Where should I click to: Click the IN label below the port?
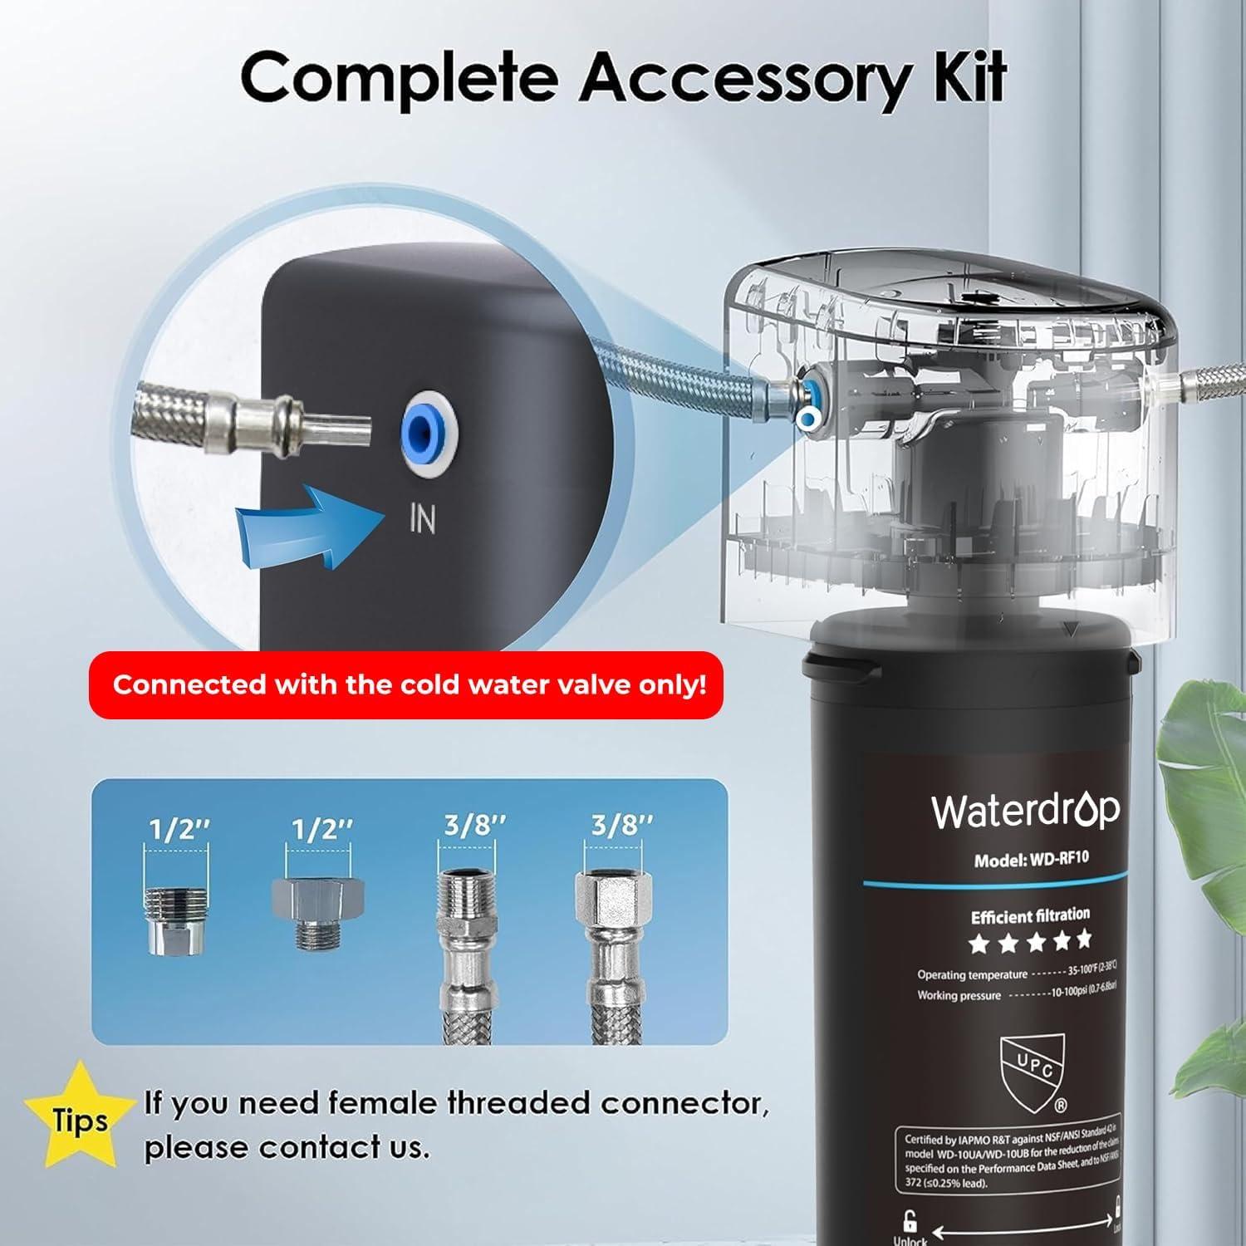(422, 519)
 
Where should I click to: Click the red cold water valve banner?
(406, 685)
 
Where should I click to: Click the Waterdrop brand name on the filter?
(1025, 811)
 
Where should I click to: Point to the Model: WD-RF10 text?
(1031, 859)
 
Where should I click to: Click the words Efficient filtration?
(1030, 915)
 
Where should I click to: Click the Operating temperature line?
(1016, 971)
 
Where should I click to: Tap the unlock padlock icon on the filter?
(910, 1220)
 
